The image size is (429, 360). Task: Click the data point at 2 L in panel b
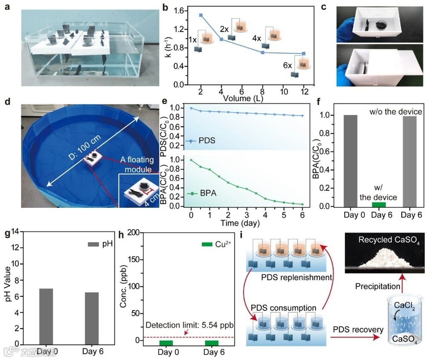tap(201, 15)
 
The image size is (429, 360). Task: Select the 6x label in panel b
tap(287, 66)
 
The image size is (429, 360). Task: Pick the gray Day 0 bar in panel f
tap(351, 161)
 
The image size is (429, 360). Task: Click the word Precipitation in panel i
tap(378, 286)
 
